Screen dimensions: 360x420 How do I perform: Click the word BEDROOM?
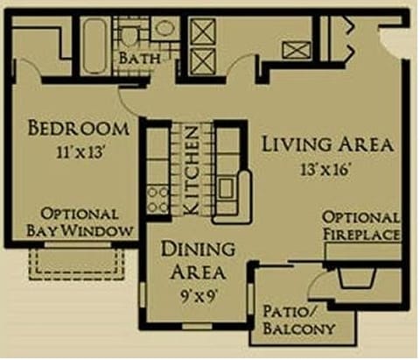point(78,129)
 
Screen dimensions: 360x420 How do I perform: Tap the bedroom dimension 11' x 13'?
point(78,151)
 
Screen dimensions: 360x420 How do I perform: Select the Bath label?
point(138,58)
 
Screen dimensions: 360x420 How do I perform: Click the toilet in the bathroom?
point(130,33)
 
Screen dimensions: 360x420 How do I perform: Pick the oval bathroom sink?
point(163,29)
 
